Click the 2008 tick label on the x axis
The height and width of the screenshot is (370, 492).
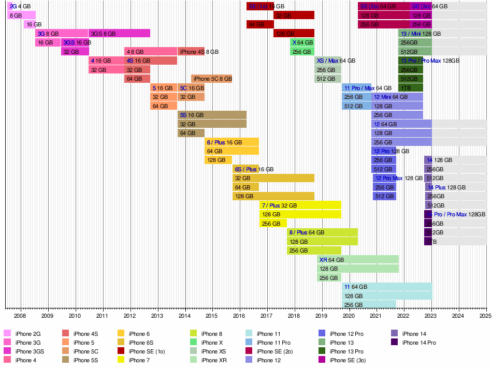[20, 315]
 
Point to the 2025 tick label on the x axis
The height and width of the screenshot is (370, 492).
[485, 315]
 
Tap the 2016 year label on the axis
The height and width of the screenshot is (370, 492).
[239, 315]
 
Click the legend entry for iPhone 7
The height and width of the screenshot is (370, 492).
[137, 360]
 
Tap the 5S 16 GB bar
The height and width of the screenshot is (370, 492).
[212, 115]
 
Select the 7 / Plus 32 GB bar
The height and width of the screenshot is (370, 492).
[300, 205]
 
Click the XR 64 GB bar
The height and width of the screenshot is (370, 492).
[358, 259]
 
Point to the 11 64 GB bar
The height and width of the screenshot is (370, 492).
[387, 287]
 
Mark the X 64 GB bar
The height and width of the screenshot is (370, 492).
[302, 42]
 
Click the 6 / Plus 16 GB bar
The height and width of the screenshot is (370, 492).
[232, 142]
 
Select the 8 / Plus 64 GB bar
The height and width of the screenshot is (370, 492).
[322, 232]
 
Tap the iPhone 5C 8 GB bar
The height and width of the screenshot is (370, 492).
[211, 79]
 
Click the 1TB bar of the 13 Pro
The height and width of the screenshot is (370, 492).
[411, 87]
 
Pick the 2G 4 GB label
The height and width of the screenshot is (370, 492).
[20, 6]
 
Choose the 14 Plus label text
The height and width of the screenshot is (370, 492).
[437, 187]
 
